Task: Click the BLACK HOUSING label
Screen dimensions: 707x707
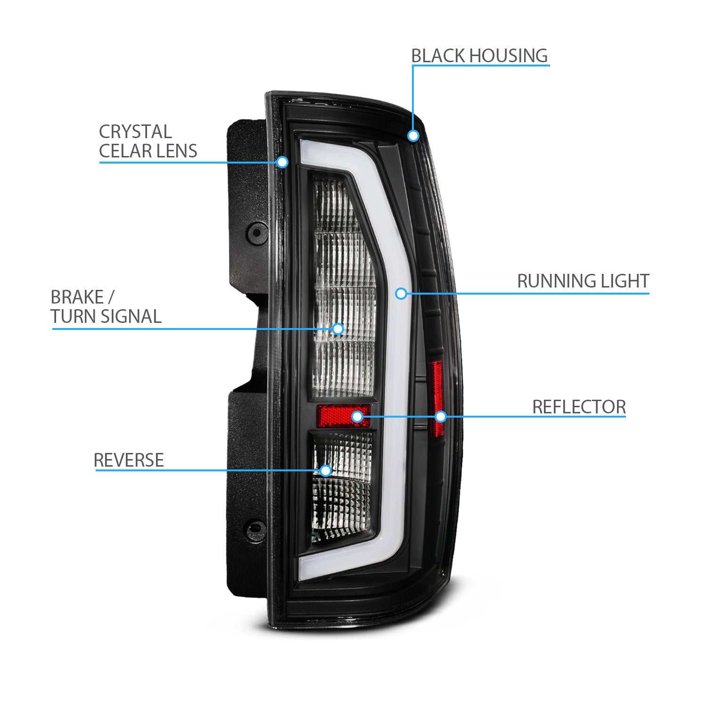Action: (479, 56)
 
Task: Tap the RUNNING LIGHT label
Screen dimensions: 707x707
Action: (583, 281)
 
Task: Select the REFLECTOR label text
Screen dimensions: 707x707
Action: (579, 407)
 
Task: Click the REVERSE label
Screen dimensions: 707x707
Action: (129, 460)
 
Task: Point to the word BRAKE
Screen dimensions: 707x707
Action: (77, 297)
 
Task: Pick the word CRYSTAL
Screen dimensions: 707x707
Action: (135, 132)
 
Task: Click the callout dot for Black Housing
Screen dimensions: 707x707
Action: (413, 136)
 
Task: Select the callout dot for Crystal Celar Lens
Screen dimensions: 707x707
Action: (282, 162)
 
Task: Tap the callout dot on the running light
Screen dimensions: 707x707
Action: (401, 294)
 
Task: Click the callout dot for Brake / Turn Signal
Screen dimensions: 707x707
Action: (338, 329)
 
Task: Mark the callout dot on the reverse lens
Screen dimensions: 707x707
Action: (325, 470)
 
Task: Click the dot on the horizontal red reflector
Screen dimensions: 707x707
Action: (357, 416)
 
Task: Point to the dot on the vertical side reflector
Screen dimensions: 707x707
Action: (441, 416)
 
